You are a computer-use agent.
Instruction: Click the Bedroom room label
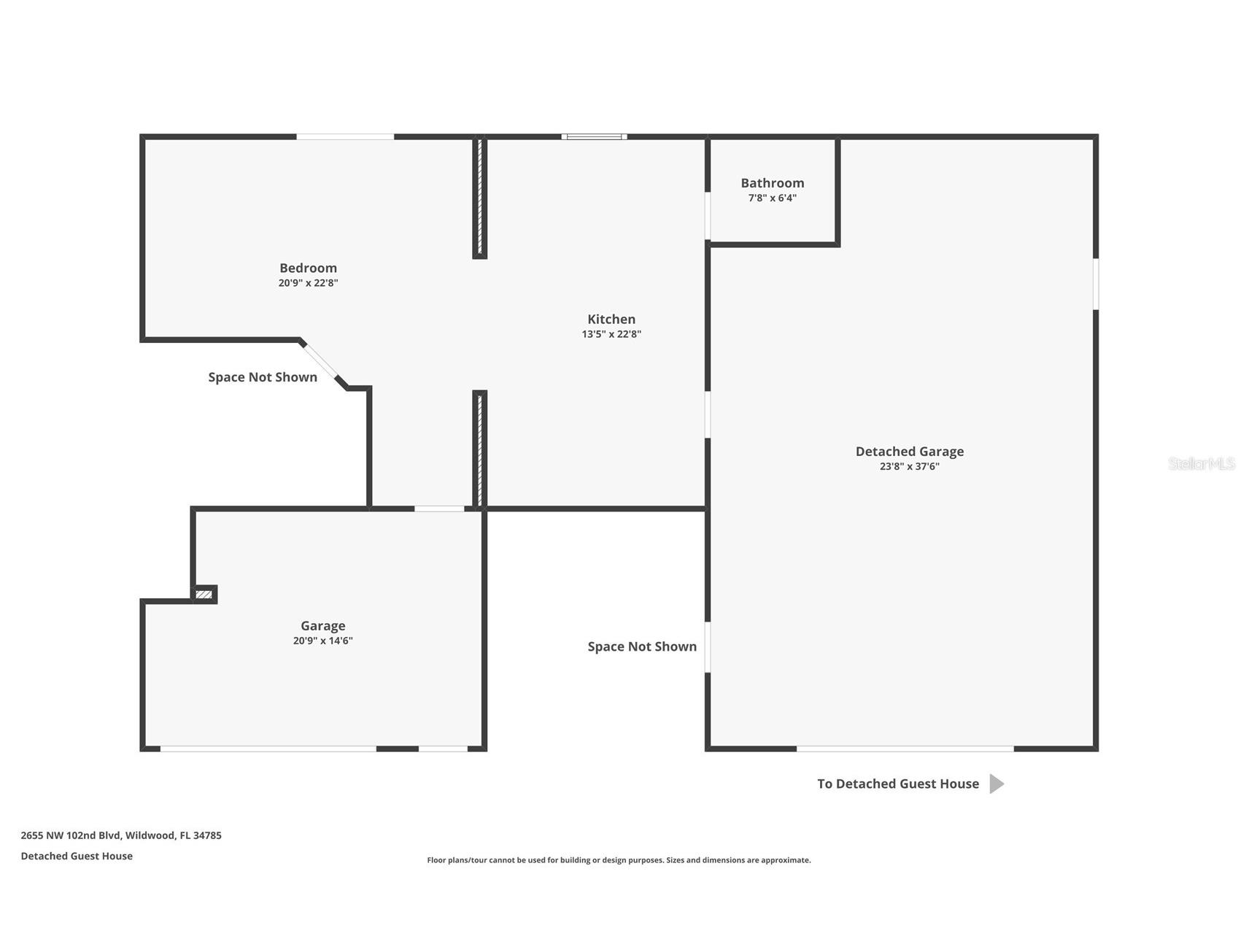point(308,268)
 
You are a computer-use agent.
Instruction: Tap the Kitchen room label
point(611,319)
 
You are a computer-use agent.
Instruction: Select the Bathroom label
point(773,183)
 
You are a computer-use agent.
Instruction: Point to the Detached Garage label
point(910,452)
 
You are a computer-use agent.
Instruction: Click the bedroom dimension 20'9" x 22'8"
point(308,283)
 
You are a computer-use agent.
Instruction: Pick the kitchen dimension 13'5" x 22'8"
point(611,334)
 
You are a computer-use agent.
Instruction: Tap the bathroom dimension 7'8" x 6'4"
point(773,198)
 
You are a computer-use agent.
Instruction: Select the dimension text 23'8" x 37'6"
point(910,467)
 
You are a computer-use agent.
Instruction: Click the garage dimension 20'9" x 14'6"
point(322,641)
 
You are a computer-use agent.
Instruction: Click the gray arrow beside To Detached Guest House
point(997,784)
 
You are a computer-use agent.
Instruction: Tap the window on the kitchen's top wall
point(595,136)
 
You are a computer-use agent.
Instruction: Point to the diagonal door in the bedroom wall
point(321,361)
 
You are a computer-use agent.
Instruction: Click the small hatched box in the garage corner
point(204,595)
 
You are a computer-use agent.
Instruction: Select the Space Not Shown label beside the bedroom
point(263,377)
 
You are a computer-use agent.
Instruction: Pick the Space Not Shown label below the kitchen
point(642,646)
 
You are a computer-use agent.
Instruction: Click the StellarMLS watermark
point(1201,463)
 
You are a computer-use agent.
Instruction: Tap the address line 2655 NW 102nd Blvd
point(121,835)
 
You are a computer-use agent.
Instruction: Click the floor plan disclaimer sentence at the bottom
point(619,860)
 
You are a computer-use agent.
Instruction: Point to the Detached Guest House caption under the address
point(77,856)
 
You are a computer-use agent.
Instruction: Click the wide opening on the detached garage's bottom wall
point(905,749)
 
